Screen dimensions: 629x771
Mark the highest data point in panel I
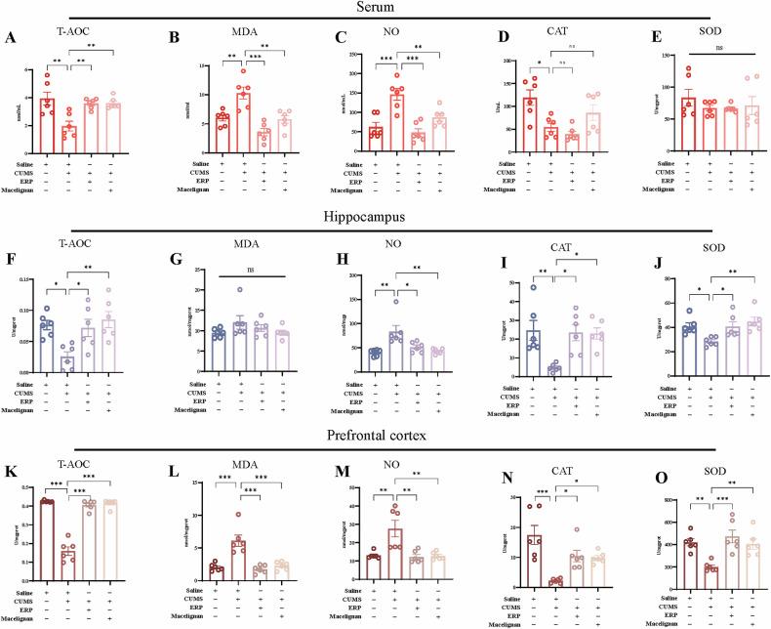[x=534, y=287]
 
